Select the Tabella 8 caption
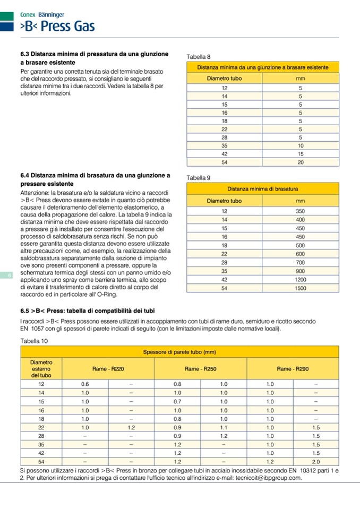pos(199,56)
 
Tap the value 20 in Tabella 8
pos(300,162)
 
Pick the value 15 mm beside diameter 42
pos(300,154)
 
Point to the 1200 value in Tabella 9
pos(301,279)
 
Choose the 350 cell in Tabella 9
pos(301,211)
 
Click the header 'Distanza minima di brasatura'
pos(262,188)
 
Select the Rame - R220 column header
pos(108,368)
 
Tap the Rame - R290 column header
pos(293,368)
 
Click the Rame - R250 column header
pos(200,368)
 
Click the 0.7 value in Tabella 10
pos(177,401)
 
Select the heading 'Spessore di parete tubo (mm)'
pos(179,352)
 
